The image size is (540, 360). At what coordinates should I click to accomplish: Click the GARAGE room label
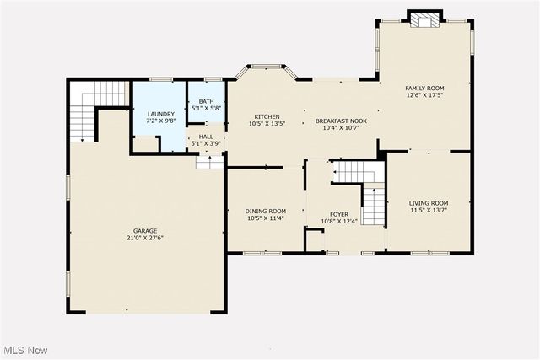[144, 230]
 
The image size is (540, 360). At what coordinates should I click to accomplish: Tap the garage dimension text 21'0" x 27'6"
[144, 238]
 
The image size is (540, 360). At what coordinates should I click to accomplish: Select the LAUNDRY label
[160, 114]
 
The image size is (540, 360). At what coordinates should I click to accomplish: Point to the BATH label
[206, 101]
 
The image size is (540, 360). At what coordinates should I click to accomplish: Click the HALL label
[206, 137]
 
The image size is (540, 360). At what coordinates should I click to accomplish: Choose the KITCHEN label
[267, 116]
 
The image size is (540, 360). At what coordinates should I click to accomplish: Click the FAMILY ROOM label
[424, 88]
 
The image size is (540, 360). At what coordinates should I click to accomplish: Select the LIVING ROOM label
[429, 203]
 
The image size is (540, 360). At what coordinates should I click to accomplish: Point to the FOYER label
[339, 214]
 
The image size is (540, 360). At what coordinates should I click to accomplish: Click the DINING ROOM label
[266, 211]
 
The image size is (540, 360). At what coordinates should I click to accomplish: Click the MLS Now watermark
[24, 350]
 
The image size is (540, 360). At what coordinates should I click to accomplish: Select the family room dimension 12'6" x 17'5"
[424, 95]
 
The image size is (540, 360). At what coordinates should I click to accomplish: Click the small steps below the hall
[208, 162]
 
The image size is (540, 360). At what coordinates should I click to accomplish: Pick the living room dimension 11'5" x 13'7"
[429, 211]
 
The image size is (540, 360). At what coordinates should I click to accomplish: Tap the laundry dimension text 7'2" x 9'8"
[160, 121]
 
